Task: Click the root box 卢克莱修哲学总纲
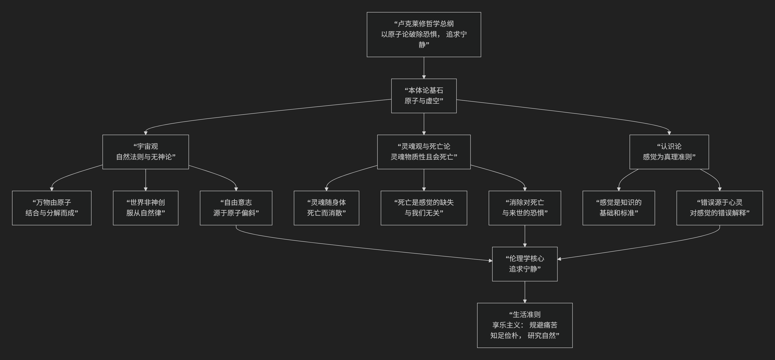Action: point(424,34)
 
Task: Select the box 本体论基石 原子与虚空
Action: point(424,96)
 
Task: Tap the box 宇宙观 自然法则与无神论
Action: point(146,152)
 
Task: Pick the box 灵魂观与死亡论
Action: point(424,152)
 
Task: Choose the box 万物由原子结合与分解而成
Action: point(52,208)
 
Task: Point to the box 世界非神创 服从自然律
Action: point(146,208)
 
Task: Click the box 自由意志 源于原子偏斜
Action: point(236,208)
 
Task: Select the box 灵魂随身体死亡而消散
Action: point(326,208)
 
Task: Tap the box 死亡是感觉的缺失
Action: point(424,208)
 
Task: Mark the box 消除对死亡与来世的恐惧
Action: point(525,208)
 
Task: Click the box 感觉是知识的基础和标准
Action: point(619,208)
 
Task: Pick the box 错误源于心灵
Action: point(719,208)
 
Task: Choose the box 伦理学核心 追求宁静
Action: point(525,264)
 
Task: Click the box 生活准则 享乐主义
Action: point(525,325)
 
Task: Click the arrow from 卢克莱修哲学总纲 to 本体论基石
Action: point(424,68)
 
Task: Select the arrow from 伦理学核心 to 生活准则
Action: point(525,292)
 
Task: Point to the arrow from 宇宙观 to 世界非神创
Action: point(146,180)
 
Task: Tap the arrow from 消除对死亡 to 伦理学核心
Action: point(525,236)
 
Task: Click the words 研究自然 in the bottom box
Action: point(541,335)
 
